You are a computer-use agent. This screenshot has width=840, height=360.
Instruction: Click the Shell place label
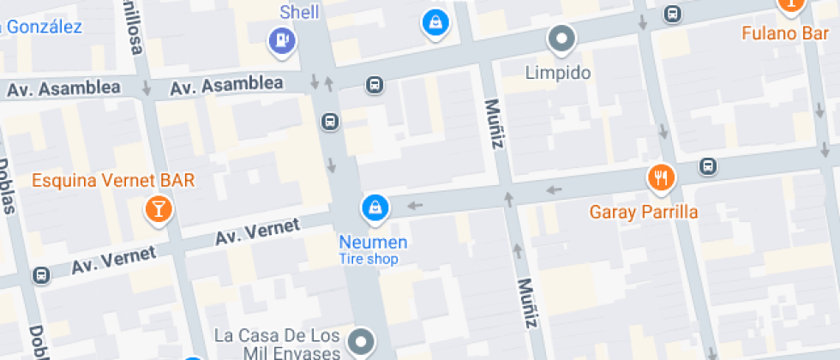point(299,12)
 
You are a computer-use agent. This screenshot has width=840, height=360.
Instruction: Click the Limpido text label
point(558,73)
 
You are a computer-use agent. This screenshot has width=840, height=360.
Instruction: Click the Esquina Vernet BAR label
point(113,181)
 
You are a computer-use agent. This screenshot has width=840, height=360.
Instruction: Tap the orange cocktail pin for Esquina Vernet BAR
point(159,208)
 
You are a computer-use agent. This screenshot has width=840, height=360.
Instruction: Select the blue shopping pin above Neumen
point(375,207)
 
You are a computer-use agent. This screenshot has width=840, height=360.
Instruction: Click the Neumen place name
point(373,243)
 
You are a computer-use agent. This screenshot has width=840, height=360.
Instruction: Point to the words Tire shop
point(369,259)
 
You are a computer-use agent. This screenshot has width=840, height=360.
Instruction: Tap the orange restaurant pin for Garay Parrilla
point(660,178)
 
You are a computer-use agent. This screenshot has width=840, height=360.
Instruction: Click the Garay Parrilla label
point(644,212)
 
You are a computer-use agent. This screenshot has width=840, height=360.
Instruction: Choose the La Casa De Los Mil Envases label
point(279,342)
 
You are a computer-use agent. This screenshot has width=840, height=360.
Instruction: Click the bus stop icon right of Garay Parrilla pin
point(707,165)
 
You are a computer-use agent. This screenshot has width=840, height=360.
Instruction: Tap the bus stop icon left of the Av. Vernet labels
point(40,275)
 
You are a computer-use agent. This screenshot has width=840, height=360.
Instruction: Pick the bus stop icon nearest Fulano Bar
point(673,14)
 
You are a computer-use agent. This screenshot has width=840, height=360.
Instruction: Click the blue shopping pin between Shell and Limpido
point(435,21)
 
